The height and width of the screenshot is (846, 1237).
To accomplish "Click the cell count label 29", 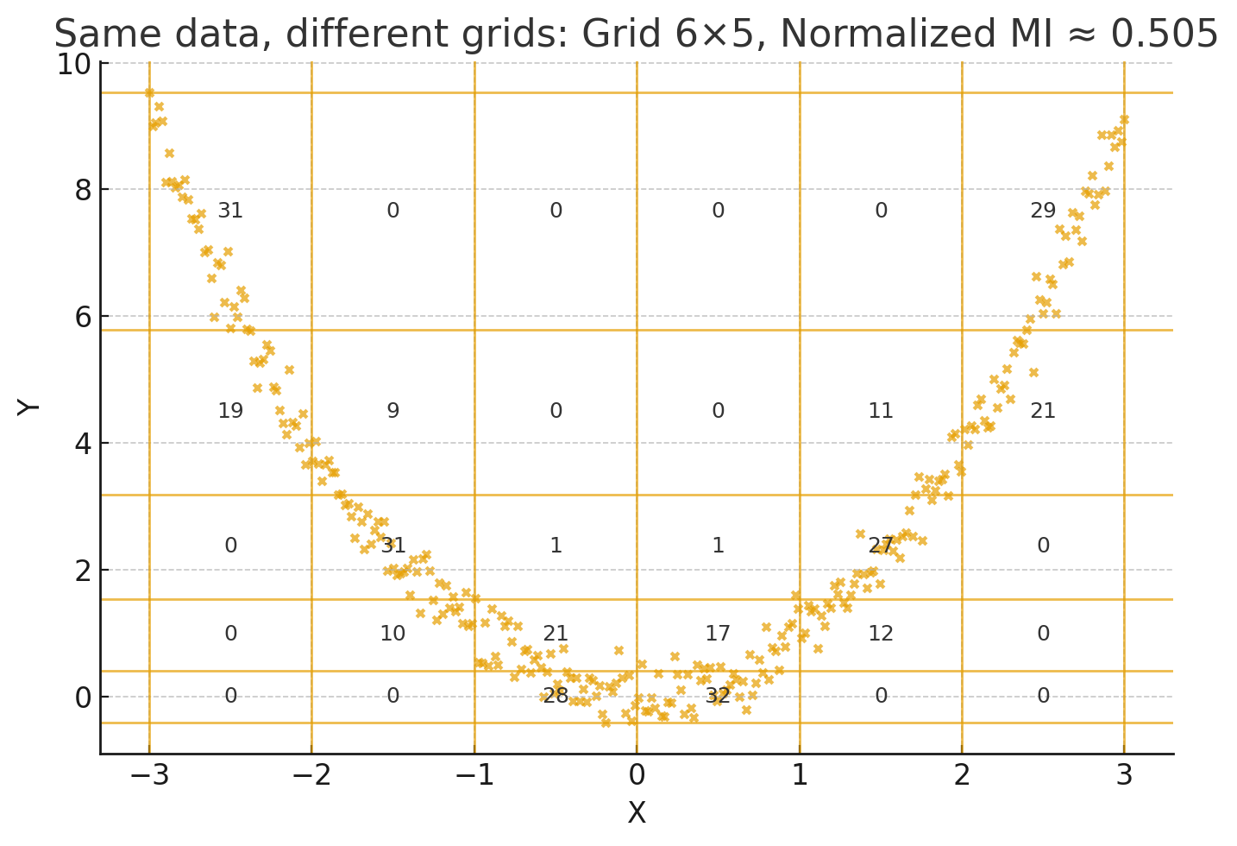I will coord(1043,211).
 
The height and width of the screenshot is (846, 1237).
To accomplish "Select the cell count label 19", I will coord(230,411).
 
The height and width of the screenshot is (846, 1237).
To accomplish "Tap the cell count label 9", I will coord(392,411).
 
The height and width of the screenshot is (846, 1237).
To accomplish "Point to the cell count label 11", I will coord(881,411).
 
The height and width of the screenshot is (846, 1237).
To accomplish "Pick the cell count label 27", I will coord(881,546).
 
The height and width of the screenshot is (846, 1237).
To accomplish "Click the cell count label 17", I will coord(718,634).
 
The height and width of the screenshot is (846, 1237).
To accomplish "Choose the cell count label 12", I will coord(881,634).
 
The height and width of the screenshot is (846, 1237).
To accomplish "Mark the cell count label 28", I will coord(556,696).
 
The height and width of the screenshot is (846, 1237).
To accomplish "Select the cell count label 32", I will coord(718,696).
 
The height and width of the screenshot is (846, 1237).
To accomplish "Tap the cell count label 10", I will coord(392,634).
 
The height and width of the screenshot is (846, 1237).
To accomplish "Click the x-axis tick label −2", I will coord(311,775).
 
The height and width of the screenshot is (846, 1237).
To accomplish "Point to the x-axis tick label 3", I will coord(1124,775).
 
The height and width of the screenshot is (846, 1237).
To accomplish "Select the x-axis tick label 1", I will coord(800,775).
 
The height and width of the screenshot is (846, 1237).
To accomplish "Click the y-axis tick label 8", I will coord(83,190).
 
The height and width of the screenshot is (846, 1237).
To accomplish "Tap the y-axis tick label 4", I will coord(83,444).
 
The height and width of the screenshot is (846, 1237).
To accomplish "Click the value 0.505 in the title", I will coord(1164,35).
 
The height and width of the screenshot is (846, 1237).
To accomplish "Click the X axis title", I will coord(637,813).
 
